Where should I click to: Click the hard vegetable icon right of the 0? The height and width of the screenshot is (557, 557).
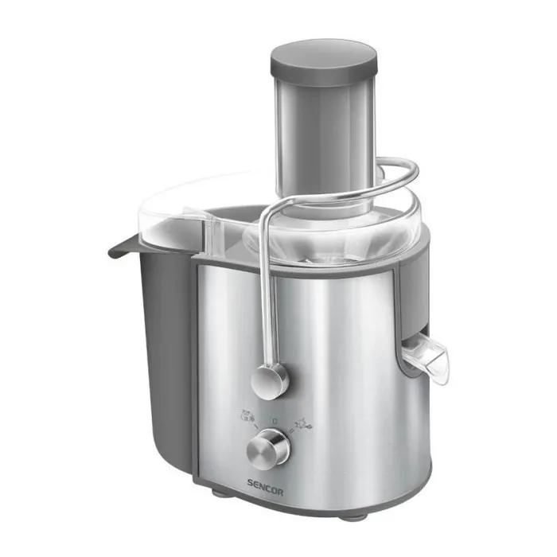[x=304, y=425]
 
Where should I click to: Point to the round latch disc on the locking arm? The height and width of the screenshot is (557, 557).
[x=270, y=380]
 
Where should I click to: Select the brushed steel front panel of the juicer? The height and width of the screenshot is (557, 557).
[x=334, y=374]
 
